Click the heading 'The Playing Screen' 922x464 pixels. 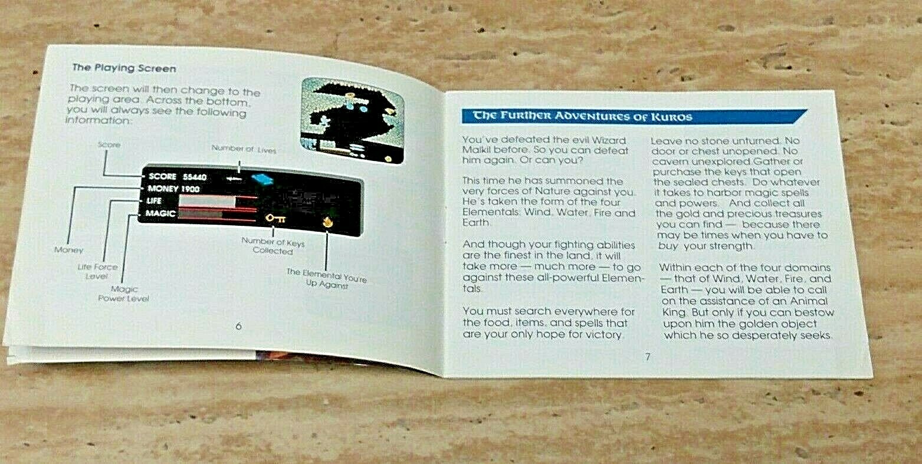click(124, 68)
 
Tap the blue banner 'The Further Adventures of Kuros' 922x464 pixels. click(577, 116)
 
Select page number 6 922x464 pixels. click(238, 326)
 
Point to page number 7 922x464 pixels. click(648, 356)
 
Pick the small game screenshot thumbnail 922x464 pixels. click(353, 120)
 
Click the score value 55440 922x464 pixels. click(195, 177)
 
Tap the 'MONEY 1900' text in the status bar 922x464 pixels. click(173, 189)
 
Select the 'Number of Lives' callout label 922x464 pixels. click(244, 149)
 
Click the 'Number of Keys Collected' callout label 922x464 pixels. click(273, 246)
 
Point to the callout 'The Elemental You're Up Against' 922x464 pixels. click(326, 279)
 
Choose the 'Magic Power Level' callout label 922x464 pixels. click(124, 294)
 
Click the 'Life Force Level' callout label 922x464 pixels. click(97, 271)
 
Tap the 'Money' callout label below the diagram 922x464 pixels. click(69, 250)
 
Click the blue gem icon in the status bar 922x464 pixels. click(258, 177)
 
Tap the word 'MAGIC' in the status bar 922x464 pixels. click(160, 213)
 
